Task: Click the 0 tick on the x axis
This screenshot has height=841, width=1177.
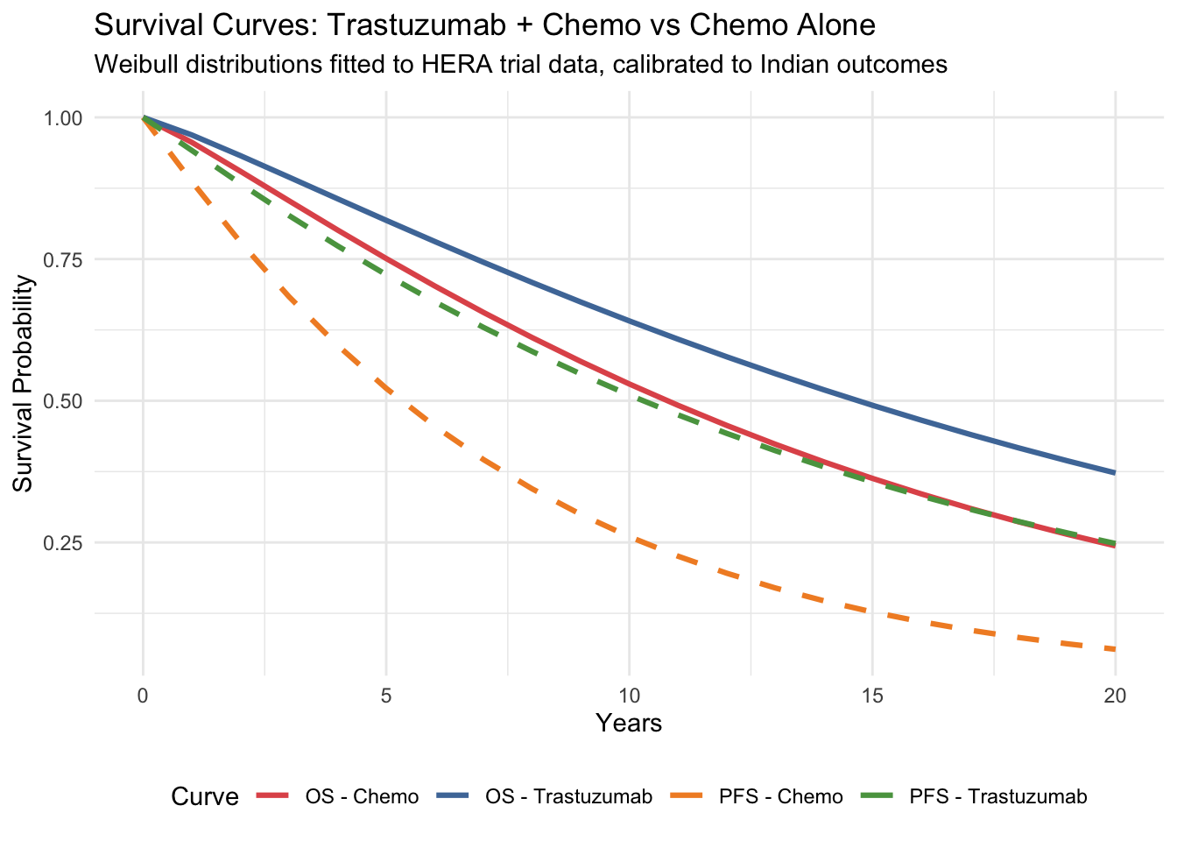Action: tap(143, 696)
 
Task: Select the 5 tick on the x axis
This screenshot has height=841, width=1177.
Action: tap(385, 696)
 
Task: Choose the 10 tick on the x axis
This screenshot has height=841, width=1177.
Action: tap(629, 696)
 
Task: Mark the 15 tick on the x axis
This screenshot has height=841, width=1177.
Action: tap(871, 696)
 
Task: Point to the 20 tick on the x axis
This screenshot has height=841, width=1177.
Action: tap(1114, 696)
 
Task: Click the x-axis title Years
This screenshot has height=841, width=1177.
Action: tap(629, 724)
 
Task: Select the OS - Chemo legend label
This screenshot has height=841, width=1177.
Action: tap(362, 797)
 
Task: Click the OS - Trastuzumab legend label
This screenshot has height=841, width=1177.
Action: tap(568, 797)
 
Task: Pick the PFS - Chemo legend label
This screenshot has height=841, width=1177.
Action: tap(780, 797)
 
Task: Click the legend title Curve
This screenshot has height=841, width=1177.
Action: tap(205, 797)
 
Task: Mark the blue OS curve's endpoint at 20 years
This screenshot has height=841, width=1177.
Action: tap(1114, 473)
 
